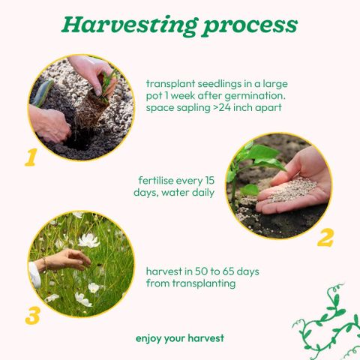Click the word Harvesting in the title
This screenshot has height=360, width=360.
(130, 26)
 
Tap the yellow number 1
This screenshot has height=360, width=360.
(31, 157)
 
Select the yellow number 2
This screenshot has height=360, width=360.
(325, 238)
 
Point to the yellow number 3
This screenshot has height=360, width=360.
(33, 316)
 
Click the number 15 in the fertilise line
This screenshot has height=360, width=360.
(208, 181)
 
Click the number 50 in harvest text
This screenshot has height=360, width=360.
(201, 271)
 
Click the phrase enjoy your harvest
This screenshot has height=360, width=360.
(180, 338)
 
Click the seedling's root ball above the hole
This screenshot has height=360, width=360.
(91, 110)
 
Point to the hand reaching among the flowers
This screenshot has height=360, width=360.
(64, 261)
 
